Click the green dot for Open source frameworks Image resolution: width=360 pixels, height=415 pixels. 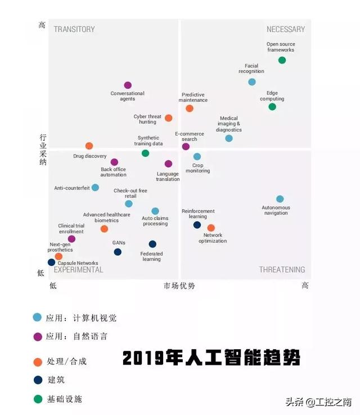282,60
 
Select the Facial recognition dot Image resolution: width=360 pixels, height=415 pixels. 252,82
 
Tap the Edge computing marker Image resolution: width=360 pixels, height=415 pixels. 272,107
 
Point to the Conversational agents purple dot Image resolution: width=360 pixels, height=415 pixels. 128,85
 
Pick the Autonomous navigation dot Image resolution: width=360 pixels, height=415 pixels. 280,199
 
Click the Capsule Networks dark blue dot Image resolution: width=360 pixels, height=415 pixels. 52,262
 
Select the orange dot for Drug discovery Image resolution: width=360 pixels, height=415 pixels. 89,146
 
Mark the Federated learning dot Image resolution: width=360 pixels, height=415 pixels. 152,244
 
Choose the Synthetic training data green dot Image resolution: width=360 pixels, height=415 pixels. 145,153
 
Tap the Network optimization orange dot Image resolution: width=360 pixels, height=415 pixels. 211,228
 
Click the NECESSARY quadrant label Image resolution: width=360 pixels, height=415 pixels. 286,29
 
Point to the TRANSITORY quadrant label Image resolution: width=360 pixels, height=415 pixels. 74,29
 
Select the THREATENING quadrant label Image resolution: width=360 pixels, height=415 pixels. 282,270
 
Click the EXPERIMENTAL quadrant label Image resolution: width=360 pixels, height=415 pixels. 78,270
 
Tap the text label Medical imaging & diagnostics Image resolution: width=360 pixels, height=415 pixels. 229,124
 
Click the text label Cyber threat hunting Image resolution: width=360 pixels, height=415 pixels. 147,119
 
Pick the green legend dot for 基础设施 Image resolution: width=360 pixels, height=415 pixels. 38,399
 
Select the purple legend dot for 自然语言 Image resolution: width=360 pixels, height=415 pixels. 38,337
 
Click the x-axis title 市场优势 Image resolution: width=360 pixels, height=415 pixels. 179,286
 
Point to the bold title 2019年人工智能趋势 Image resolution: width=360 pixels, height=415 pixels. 211,358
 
